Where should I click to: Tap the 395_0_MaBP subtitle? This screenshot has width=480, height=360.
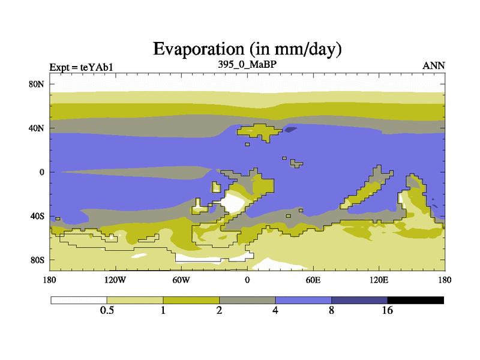tap(247, 64)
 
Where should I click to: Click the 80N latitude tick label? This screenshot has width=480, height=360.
tap(37, 84)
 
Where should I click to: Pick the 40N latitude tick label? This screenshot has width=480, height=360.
tap(37, 128)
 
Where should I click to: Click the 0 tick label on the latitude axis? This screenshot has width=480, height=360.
tap(42, 172)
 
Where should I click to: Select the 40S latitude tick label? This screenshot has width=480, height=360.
tap(37, 216)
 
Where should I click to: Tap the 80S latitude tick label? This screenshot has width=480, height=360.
tap(37, 260)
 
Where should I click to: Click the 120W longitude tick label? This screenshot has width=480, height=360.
tap(115, 279)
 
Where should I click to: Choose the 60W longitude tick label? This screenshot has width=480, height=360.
tap(181, 279)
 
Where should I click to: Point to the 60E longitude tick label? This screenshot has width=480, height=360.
tap(313, 279)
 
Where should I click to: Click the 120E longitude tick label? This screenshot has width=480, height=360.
tap(379, 279)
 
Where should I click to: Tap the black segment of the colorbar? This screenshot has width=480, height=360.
tap(415, 300)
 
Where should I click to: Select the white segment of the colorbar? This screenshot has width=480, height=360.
tap(79, 300)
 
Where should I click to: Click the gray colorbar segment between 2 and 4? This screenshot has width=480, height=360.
tap(247, 300)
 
